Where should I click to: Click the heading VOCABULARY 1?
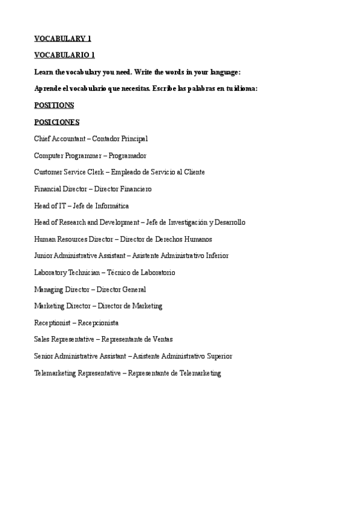63,38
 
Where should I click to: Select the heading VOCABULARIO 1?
64,55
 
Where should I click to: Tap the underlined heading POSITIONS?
54,105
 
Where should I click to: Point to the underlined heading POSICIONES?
56,122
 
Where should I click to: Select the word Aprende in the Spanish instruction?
49,88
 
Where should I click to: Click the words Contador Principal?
120,139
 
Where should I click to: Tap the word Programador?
127,156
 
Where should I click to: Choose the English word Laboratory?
52,272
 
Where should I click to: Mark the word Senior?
44,356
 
